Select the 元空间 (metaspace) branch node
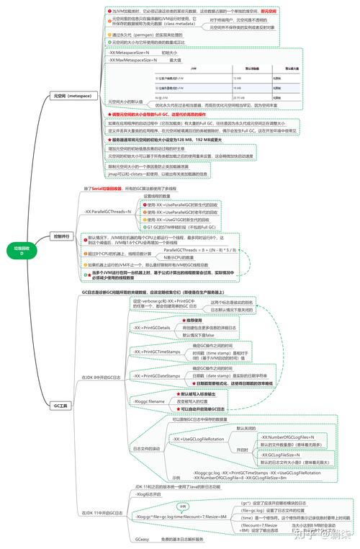coord(65,94)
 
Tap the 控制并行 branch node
coord(63,236)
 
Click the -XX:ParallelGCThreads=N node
coord(108,212)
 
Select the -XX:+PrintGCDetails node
coord(151,328)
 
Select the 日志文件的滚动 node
coord(145,448)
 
